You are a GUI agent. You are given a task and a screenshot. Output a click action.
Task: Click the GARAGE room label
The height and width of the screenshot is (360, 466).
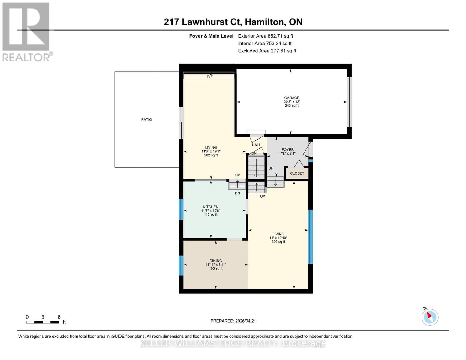[x=292, y=98]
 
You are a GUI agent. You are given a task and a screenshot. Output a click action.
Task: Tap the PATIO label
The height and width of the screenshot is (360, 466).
[x=146, y=119]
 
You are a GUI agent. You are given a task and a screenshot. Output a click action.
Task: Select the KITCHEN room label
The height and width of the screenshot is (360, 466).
[x=211, y=207]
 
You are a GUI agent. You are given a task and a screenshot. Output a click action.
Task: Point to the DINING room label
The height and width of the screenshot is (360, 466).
[x=216, y=261]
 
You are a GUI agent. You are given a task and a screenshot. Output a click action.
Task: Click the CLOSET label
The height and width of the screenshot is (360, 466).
[x=297, y=173]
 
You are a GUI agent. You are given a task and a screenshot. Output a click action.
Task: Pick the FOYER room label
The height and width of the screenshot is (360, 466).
[x=287, y=150]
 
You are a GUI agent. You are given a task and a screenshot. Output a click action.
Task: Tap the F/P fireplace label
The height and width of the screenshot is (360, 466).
[x=210, y=76]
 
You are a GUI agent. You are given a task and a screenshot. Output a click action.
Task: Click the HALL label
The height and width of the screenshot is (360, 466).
[x=256, y=145]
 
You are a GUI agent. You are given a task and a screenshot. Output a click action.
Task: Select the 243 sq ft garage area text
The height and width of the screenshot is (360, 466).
[x=292, y=106]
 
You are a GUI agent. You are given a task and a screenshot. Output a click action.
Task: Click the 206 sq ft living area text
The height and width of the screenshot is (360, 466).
[x=278, y=242]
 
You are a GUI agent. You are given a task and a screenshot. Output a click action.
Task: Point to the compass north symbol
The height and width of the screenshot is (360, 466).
[x=430, y=317]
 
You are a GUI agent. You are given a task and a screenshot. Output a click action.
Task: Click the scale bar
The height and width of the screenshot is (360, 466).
[x=43, y=322]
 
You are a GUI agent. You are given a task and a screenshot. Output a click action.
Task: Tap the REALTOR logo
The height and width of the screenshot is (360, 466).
[x=26, y=31]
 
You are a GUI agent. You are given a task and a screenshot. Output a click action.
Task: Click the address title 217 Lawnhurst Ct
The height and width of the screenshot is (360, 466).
[x=233, y=22]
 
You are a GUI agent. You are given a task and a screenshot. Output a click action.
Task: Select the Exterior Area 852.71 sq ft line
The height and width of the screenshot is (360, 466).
[x=265, y=36]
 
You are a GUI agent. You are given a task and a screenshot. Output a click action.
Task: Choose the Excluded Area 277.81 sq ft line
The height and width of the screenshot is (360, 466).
[x=267, y=51]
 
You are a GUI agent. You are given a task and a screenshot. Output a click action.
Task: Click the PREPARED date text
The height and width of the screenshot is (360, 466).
[x=233, y=321]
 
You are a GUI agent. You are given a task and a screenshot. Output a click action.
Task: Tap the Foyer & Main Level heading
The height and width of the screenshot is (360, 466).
[x=211, y=36]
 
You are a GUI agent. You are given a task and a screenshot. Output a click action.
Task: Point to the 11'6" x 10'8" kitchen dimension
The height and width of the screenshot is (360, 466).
[x=211, y=211]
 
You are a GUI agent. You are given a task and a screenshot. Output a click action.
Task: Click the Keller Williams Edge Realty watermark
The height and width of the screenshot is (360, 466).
[x=233, y=343]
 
